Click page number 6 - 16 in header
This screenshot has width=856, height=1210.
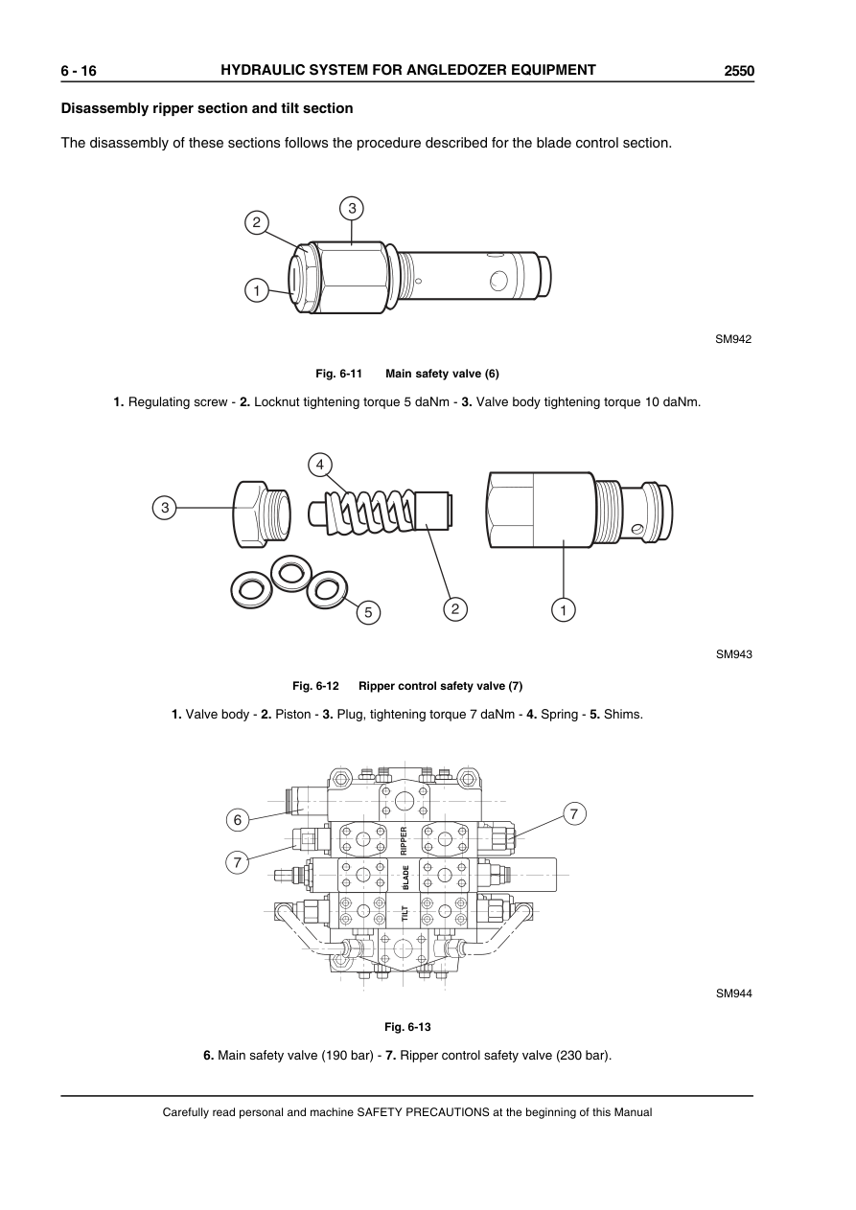79,71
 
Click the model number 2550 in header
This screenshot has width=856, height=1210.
739,71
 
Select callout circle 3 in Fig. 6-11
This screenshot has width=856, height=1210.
352,207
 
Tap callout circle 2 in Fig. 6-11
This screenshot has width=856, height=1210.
255,222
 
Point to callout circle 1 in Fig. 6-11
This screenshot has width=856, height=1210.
255,289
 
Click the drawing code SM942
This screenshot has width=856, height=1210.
733,338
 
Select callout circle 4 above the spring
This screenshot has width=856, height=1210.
320,465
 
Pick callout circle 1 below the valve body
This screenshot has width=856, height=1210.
564,609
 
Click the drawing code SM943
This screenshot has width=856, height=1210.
733,654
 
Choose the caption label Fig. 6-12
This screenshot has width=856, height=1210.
315,686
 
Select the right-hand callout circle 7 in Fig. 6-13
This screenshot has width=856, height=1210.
573,814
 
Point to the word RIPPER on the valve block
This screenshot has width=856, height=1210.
405,840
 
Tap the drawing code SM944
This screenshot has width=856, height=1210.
733,993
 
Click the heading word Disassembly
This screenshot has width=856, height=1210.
102,108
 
